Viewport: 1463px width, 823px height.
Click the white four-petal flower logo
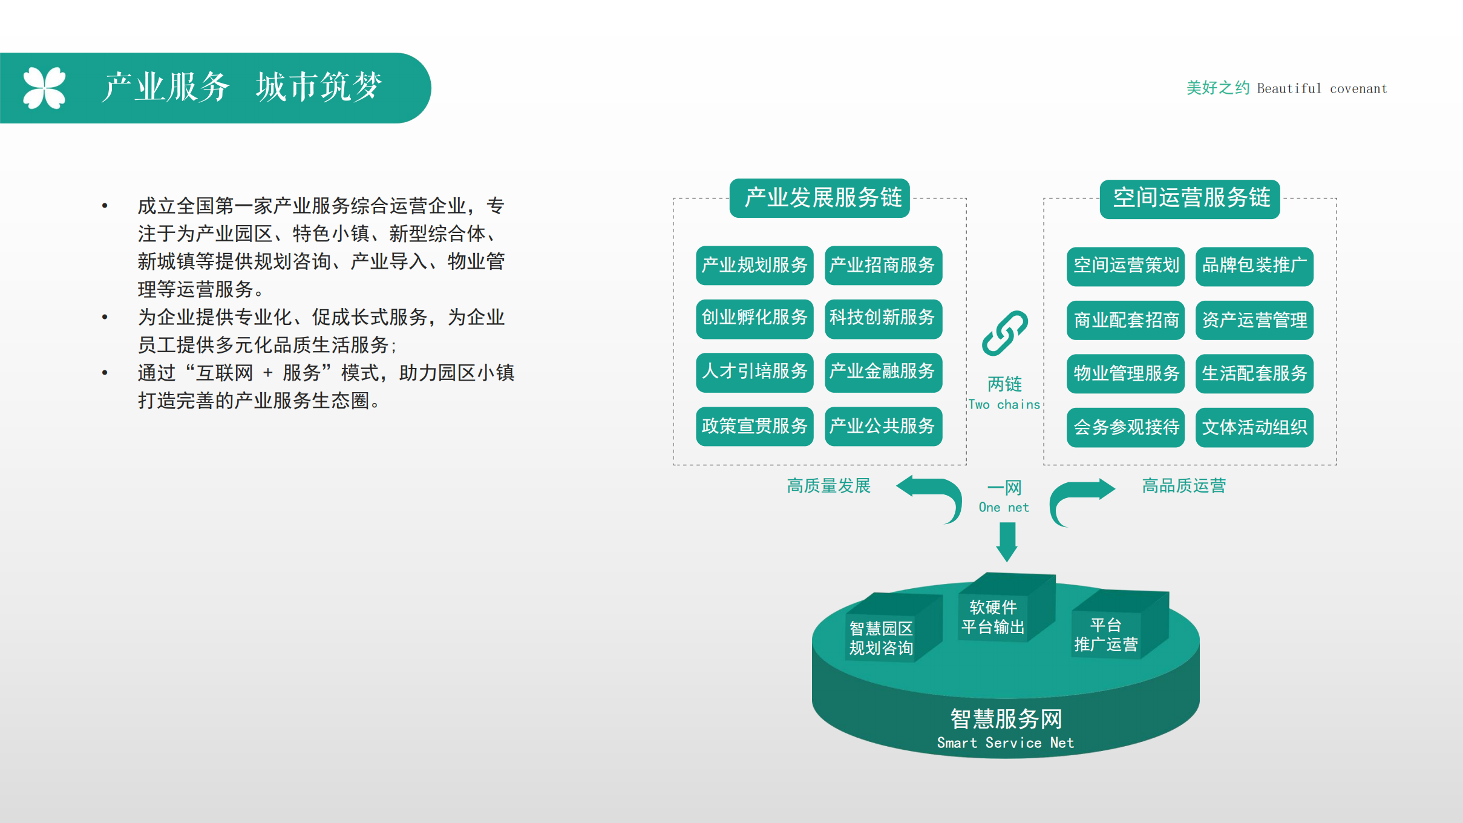[44, 88]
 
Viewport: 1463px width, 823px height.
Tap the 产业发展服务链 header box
[820, 198]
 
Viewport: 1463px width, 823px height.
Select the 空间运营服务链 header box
[1190, 198]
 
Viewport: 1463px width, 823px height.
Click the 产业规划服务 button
[754, 265]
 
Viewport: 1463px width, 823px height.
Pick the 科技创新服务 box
[883, 318]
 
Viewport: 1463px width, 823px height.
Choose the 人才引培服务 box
[754, 372]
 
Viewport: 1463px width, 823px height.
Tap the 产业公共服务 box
[883, 426]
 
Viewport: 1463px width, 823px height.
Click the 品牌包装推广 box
[1254, 266]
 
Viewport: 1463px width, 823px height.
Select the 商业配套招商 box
[1125, 320]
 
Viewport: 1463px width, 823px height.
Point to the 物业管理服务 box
[1125, 373]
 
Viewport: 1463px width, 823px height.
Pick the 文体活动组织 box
[1254, 427]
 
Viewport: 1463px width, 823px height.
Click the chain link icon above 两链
[1004, 333]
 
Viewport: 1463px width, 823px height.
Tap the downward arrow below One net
[1007, 542]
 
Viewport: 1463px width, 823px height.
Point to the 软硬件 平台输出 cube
[1004, 608]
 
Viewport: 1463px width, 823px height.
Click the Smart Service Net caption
[1006, 743]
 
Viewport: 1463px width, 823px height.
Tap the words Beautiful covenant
[1322, 88]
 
